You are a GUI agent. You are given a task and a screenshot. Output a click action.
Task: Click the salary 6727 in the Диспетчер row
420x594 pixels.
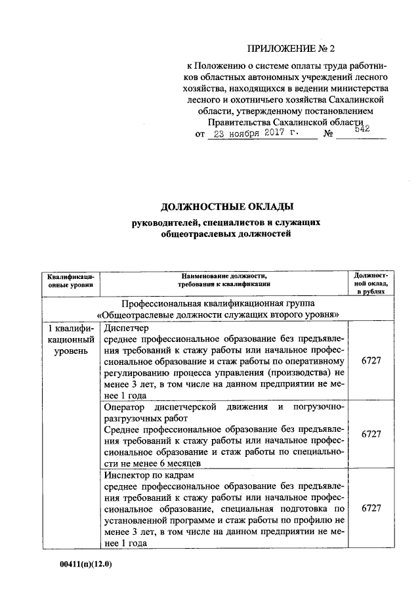tap(371, 361)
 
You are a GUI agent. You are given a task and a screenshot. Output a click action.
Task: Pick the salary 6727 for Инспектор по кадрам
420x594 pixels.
tap(371, 507)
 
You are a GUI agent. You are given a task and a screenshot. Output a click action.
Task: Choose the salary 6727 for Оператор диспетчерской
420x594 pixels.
tap(371, 434)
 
